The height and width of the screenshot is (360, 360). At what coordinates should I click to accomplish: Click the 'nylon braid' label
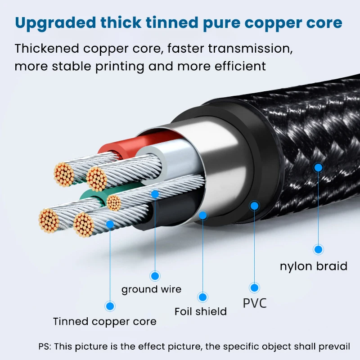(313, 266)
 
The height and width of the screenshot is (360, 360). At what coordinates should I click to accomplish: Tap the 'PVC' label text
(255, 303)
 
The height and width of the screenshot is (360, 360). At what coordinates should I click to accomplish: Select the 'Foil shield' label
(201, 311)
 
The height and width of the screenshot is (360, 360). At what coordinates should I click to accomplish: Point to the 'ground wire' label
(151, 289)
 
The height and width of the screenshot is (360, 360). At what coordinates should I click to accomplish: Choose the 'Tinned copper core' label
(105, 321)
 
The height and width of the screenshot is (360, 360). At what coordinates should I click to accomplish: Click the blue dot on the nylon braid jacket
(319, 167)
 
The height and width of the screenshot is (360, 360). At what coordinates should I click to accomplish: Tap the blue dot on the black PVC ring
(255, 206)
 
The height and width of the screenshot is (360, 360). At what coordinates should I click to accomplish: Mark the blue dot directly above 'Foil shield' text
(203, 297)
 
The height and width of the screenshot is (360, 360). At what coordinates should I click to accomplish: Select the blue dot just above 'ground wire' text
(155, 276)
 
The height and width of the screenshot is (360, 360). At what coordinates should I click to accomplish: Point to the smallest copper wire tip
(113, 203)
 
